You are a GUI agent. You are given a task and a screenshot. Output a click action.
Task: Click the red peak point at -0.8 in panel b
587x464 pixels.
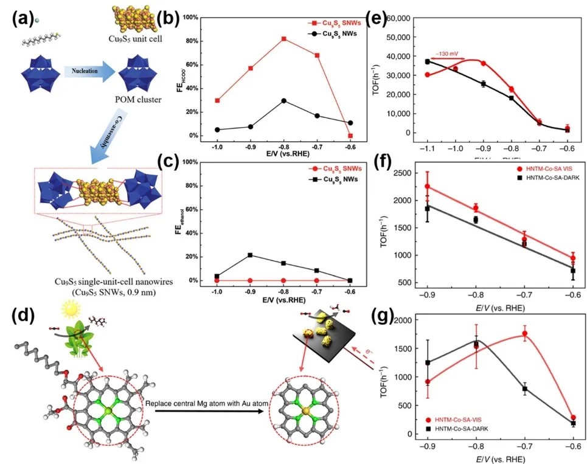(284, 39)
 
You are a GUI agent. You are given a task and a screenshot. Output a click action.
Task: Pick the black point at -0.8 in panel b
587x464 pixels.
(284, 100)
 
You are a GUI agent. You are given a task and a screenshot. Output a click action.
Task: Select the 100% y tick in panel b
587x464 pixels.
(194, 17)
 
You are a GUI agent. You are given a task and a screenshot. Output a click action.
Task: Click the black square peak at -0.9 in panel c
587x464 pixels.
(250, 255)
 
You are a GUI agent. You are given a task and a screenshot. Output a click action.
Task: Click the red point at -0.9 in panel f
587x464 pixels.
(428, 187)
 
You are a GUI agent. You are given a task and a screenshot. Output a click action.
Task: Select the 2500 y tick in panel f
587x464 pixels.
(405, 175)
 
